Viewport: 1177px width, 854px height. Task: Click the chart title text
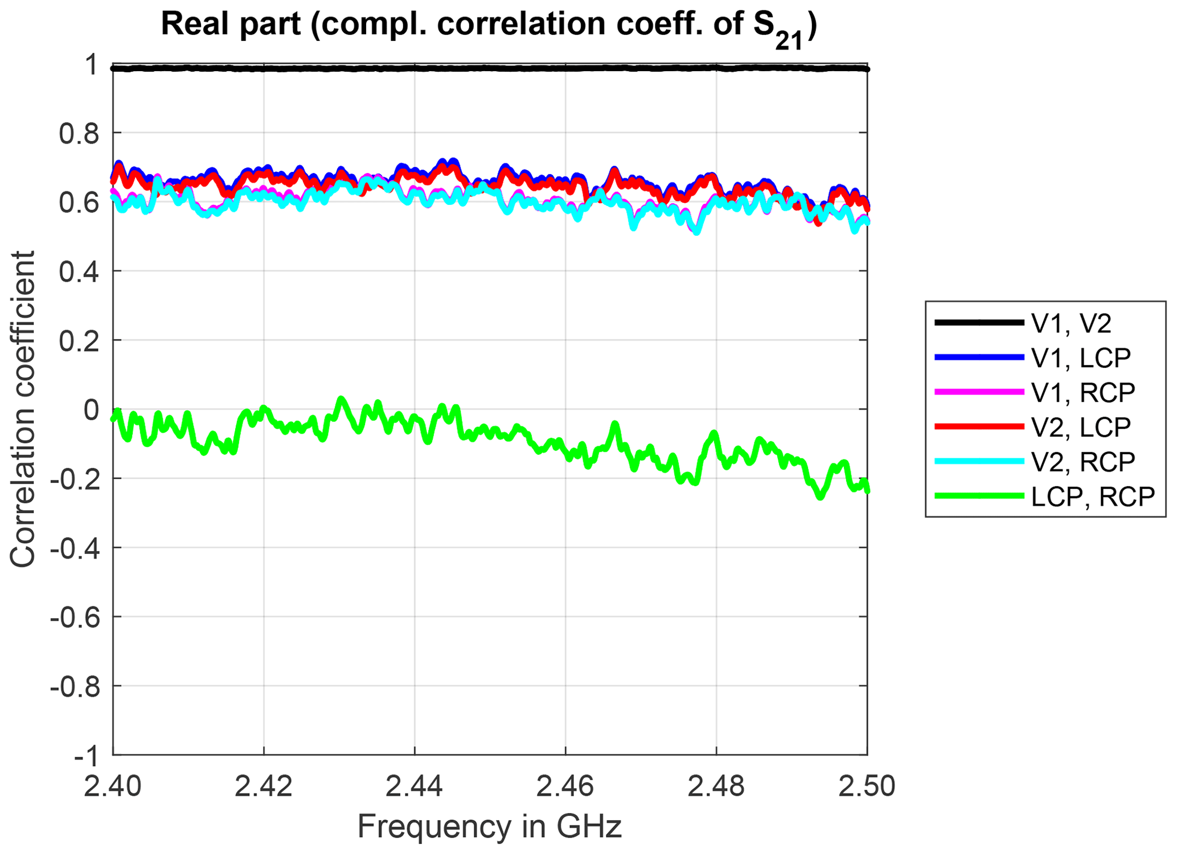point(489,26)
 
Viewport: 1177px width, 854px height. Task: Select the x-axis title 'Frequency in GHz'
point(489,827)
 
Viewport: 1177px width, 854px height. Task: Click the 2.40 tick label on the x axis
point(113,787)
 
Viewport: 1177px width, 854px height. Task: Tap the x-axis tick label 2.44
point(415,787)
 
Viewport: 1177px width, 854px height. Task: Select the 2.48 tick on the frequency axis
point(716,787)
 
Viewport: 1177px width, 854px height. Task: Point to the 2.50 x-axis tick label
point(867,787)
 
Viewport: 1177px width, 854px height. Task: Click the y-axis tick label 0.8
point(79,133)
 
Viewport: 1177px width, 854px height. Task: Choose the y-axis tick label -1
point(85,757)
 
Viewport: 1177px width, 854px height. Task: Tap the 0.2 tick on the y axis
point(79,340)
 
